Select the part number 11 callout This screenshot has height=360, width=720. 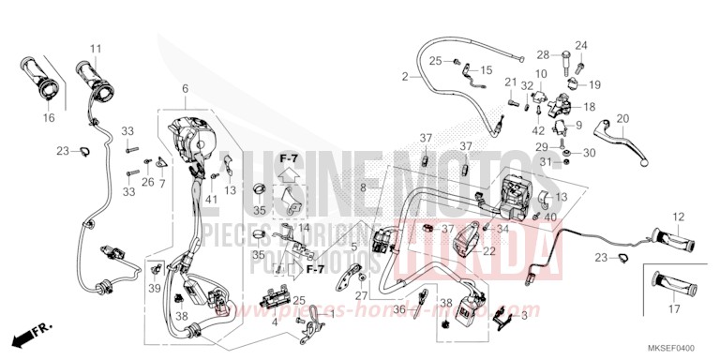[x=95, y=49]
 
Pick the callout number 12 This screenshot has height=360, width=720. [x=677, y=217]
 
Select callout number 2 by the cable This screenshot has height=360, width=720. [x=405, y=76]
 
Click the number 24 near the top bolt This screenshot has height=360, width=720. [x=580, y=45]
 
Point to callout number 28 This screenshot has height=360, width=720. [x=543, y=55]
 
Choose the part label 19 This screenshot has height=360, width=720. [x=593, y=84]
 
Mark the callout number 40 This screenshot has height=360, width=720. [x=551, y=217]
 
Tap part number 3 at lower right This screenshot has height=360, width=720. [x=524, y=318]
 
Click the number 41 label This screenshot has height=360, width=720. [x=212, y=200]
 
